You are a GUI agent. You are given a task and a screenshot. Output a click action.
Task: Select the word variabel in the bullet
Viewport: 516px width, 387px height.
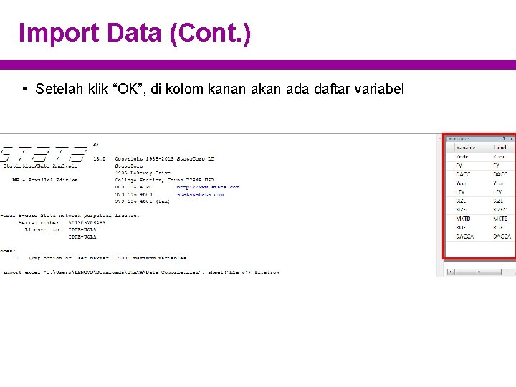[379, 89]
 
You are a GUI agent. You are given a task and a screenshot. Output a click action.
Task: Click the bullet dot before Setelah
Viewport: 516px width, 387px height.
[24, 89]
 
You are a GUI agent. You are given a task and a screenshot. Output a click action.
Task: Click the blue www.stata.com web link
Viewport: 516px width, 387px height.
[207, 187]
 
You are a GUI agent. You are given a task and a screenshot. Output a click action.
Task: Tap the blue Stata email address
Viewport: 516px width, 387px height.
[200, 193]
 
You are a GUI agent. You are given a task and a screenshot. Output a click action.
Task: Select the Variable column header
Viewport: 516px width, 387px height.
[466, 147]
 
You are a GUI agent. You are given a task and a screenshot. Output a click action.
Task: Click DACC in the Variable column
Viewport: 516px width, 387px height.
[463, 174]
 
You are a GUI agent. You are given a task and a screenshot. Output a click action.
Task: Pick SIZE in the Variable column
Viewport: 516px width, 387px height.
[463, 201]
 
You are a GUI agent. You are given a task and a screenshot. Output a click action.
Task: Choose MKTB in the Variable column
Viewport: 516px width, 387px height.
[464, 219]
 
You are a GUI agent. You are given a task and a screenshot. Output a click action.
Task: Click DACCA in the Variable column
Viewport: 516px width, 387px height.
[464, 236]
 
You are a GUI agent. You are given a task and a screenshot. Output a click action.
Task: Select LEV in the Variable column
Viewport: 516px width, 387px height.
[461, 192]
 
